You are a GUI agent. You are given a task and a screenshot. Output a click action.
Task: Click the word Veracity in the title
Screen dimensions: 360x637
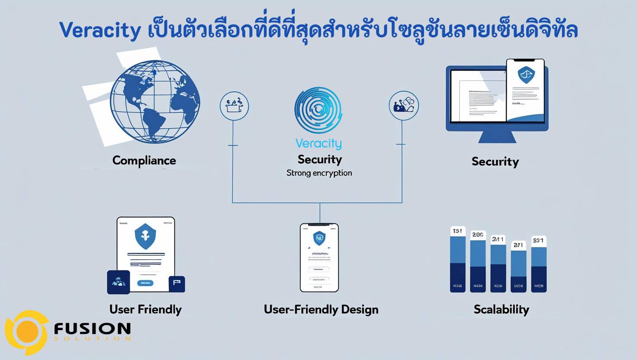100,30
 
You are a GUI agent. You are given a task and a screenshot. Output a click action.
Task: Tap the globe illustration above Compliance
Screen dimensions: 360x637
154,102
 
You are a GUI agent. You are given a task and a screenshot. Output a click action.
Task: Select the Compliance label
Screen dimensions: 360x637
144,161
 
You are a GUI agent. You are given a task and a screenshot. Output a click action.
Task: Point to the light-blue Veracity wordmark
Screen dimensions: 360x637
318,144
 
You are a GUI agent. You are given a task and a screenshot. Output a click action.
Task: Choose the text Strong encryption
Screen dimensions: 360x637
319,173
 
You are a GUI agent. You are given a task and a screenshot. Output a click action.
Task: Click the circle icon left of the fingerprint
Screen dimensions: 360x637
234,106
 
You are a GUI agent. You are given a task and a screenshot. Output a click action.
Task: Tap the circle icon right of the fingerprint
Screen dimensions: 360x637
404,106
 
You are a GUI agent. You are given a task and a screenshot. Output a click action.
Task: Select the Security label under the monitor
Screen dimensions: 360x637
495,162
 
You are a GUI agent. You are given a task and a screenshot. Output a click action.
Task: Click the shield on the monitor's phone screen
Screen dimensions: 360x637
526,75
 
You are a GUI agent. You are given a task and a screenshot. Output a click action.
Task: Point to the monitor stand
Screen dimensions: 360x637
497,136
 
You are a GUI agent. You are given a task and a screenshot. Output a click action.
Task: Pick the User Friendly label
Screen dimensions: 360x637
145,309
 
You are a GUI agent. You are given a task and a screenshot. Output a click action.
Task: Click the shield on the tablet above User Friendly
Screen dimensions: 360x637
145,236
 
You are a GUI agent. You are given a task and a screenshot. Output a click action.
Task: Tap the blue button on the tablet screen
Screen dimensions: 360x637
145,283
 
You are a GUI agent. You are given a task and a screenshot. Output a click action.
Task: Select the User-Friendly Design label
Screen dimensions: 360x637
321,309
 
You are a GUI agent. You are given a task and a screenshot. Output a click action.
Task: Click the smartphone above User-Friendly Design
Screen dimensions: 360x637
319,257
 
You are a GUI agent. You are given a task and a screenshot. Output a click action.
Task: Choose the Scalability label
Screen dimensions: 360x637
501,309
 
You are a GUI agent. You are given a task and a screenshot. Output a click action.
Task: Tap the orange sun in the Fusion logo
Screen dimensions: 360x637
27,332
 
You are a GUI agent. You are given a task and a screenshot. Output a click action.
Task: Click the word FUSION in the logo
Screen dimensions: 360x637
92,329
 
